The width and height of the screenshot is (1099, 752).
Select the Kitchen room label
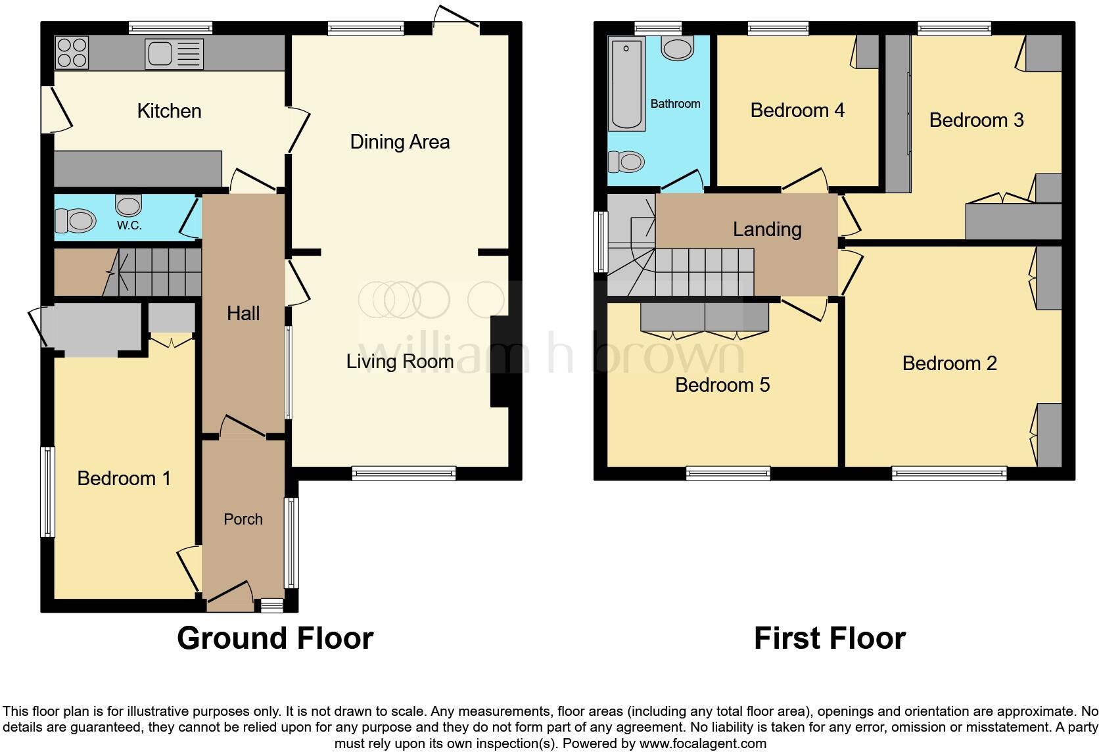pos(169,110)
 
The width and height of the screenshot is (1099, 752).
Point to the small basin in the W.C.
pos(128,204)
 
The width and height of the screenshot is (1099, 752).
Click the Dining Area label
pos(400,141)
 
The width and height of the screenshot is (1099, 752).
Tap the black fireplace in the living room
pos(500,362)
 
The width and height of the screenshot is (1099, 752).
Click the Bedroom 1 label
pos(124,478)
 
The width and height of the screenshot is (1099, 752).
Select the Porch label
pos(243,519)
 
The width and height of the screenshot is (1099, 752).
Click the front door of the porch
pos(230,592)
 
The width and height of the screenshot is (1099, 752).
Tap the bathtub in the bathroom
pos(626,83)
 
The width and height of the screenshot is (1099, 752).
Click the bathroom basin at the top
pos(678,48)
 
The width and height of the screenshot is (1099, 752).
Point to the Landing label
pos(767,229)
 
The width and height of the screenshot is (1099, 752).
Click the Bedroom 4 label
pos(797,110)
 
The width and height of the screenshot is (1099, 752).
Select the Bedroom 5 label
pos(722,385)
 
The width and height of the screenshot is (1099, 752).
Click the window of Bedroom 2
pos(949,472)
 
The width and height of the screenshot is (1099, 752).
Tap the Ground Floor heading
pos(275,638)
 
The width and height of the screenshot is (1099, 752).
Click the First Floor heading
pos(830,638)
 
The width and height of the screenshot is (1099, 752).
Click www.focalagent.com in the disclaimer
pos(702,744)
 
